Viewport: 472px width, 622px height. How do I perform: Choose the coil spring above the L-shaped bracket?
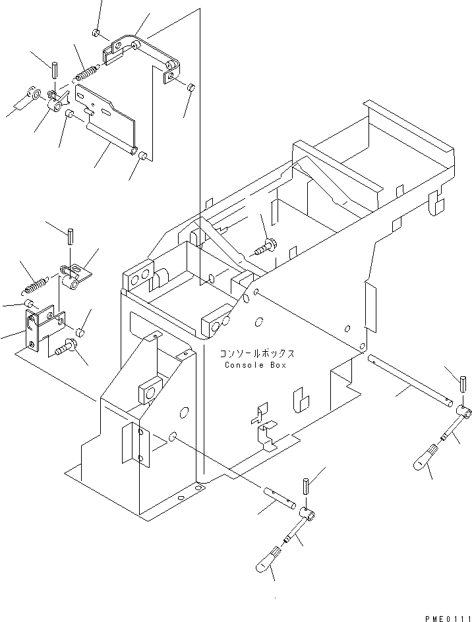(x=35, y=285)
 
